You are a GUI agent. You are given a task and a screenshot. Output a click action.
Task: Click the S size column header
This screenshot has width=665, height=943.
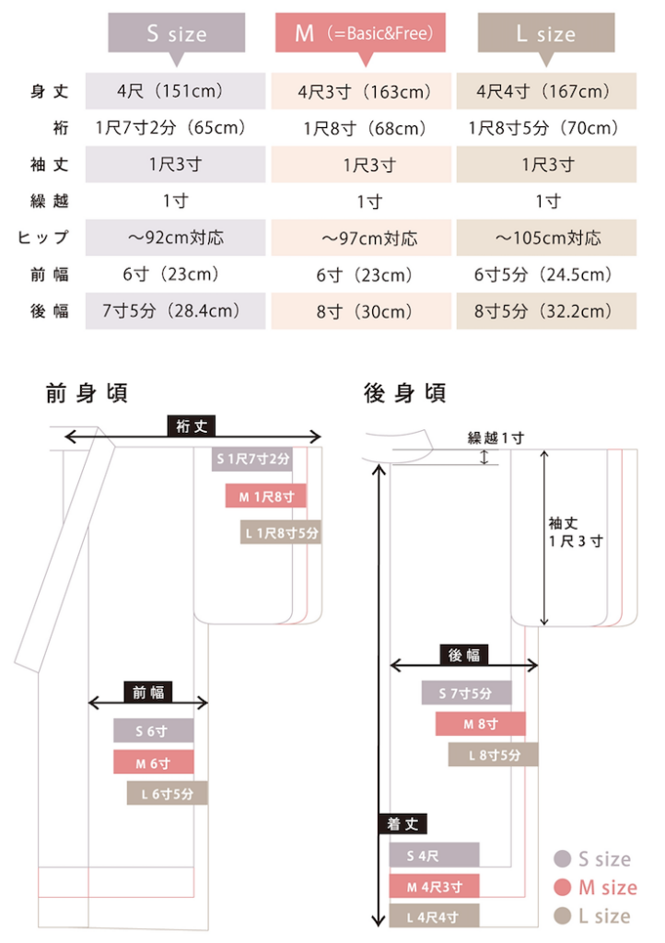(x=177, y=34)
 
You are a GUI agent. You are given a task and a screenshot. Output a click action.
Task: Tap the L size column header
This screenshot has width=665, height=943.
(x=546, y=34)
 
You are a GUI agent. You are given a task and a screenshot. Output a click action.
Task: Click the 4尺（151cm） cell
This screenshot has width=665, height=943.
(x=175, y=91)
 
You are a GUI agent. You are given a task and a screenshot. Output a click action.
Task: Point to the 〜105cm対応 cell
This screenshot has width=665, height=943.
(x=546, y=238)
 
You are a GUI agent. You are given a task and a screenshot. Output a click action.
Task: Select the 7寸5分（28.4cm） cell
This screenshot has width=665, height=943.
(x=175, y=310)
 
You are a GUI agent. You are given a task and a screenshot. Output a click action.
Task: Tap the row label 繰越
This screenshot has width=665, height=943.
(x=49, y=201)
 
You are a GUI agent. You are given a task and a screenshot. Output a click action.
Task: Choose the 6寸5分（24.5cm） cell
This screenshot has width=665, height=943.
(x=546, y=274)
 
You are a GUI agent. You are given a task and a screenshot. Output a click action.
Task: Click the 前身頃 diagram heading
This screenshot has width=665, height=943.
(x=87, y=393)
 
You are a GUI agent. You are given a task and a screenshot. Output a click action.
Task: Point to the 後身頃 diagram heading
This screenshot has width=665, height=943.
(x=405, y=393)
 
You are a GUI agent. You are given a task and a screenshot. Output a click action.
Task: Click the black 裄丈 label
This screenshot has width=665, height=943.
(x=192, y=425)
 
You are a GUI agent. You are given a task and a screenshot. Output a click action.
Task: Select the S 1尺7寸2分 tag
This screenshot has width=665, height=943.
(x=252, y=458)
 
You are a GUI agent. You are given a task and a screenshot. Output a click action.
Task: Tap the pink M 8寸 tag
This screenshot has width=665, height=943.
(x=480, y=724)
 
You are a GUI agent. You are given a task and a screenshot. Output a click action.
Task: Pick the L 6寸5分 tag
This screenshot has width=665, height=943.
(x=167, y=793)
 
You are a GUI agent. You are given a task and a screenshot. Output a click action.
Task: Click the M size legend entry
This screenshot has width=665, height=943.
(x=595, y=888)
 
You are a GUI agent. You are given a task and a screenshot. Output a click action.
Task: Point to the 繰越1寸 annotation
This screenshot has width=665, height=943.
(x=496, y=437)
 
